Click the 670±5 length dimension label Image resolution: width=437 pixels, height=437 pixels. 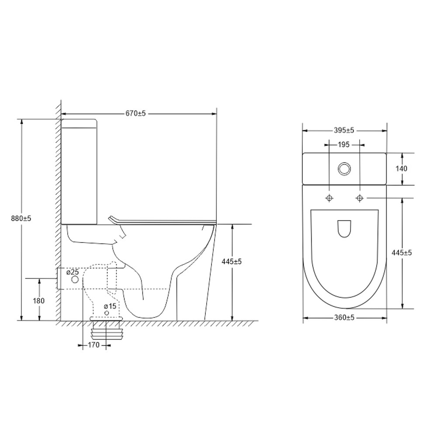pyautogui.click(x=135, y=113)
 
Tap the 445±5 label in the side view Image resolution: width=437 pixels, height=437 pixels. pyautogui.click(x=232, y=261)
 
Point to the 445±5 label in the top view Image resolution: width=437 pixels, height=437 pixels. pyautogui.click(x=402, y=253)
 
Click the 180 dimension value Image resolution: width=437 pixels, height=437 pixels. pyautogui.click(x=39, y=301)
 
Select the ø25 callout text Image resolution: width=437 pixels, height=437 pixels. pyautogui.click(x=73, y=272)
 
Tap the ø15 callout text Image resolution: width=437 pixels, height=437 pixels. pyautogui.click(x=110, y=306)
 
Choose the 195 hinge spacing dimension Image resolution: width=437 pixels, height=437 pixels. pyautogui.click(x=343, y=144)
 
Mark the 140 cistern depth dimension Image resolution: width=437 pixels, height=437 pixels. pyautogui.click(x=402, y=169)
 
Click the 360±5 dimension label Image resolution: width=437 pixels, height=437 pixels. pyautogui.click(x=344, y=318)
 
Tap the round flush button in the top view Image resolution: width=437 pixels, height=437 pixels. pyautogui.click(x=345, y=169)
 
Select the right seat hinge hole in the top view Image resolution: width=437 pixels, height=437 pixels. pyautogui.click(x=360, y=198)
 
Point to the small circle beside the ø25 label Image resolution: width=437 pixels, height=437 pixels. pyautogui.click(x=75, y=279)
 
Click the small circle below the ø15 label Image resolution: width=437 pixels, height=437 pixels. pyautogui.click(x=106, y=313)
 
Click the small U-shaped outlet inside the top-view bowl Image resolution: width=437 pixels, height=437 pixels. pyautogui.click(x=344, y=228)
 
